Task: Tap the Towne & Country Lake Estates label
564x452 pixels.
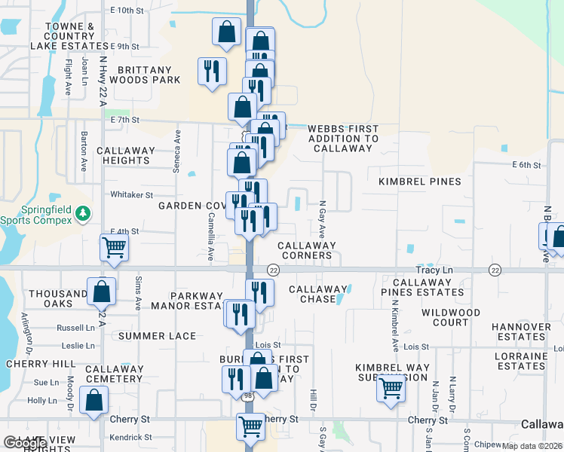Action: [70, 36]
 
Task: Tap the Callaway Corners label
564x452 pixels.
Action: [307, 250]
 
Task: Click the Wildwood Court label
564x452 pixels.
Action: [451, 317]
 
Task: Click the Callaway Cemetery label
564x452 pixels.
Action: [114, 374]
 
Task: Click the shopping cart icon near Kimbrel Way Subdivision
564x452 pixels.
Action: [391, 389]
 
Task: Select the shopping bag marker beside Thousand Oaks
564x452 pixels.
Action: [101, 292]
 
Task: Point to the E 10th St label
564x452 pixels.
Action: [126, 11]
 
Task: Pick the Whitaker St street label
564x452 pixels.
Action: [132, 194]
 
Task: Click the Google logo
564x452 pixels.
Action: [25, 443]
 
